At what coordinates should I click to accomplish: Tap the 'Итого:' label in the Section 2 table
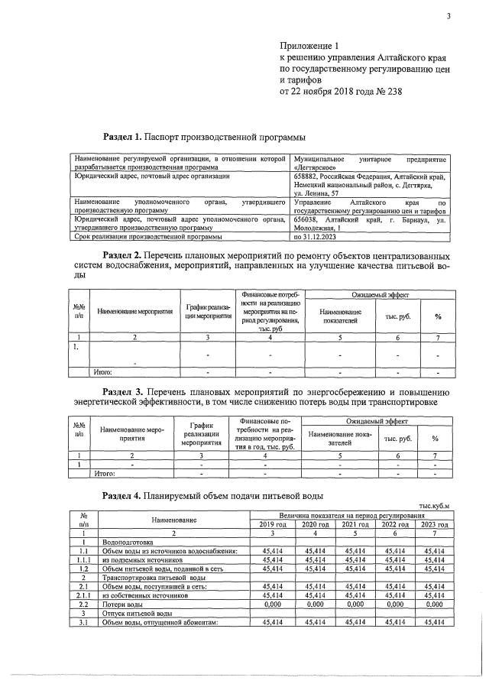(x=102, y=372)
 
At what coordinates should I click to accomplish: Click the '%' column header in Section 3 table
(x=435, y=439)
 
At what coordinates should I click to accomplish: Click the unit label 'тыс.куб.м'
(x=436, y=506)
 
